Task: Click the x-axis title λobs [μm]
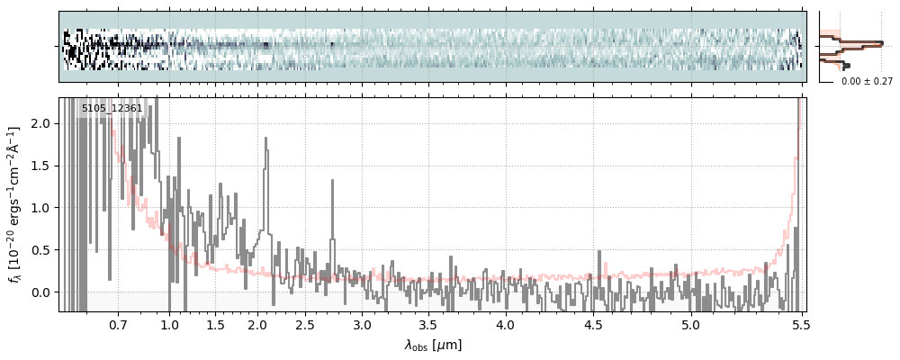tap(433, 345)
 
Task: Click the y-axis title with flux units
tap(15, 204)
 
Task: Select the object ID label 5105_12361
tap(112, 109)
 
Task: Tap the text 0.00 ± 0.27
tap(867, 81)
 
